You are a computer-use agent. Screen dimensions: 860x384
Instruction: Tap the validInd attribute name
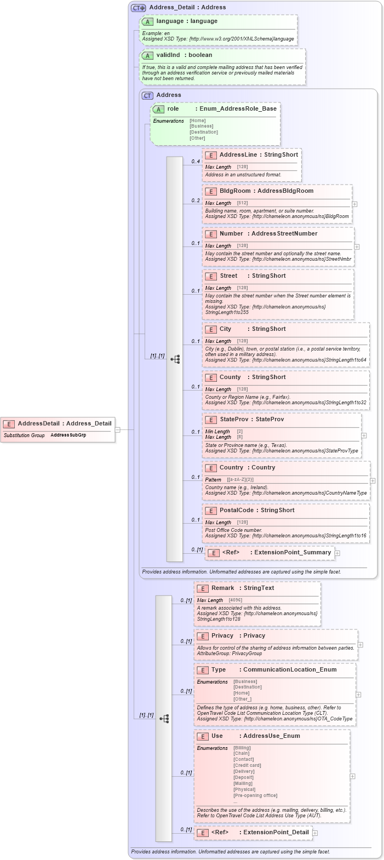(168, 55)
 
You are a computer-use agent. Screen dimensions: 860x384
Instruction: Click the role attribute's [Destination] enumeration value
(203, 132)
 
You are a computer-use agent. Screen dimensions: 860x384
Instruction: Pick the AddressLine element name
(238, 154)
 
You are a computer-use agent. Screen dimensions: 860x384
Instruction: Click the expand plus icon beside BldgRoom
(355, 204)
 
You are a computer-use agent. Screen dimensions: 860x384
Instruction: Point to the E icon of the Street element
(211, 276)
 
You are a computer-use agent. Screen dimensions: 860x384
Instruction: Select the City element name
(225, 329)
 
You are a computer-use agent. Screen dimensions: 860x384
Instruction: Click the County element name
(230, 377)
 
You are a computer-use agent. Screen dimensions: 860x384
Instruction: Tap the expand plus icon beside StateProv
(364, 435)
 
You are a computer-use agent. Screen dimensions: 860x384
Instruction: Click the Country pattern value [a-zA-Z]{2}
(240, 480)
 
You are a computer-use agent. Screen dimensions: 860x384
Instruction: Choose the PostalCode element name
(236, 510)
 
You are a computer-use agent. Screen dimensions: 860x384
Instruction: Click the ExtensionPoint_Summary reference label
(293, 552)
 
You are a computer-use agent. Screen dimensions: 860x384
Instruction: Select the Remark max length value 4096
(235, 600)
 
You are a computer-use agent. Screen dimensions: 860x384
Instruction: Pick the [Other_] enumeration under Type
(242, 699)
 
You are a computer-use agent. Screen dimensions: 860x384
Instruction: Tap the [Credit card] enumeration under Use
(247, 765)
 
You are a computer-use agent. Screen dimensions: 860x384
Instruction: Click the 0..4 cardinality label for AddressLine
(196, 162)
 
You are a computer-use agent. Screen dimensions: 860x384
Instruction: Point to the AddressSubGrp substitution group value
(68, 435)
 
